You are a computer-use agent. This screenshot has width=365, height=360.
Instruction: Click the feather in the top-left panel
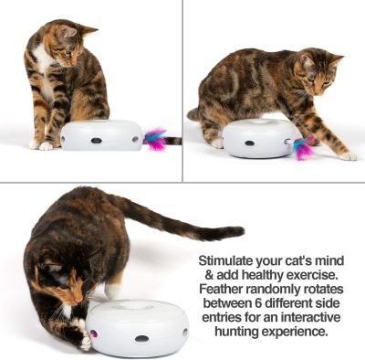[156, 139]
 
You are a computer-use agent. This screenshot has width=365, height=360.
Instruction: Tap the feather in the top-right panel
[305, 147]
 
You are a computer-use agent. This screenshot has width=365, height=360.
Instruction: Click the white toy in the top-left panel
[101, 134]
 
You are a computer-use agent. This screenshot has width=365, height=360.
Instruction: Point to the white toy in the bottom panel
[137, 327]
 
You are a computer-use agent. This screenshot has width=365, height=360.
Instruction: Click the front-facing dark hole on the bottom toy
[141, 339]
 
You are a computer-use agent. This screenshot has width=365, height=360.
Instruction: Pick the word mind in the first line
[330, 260]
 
